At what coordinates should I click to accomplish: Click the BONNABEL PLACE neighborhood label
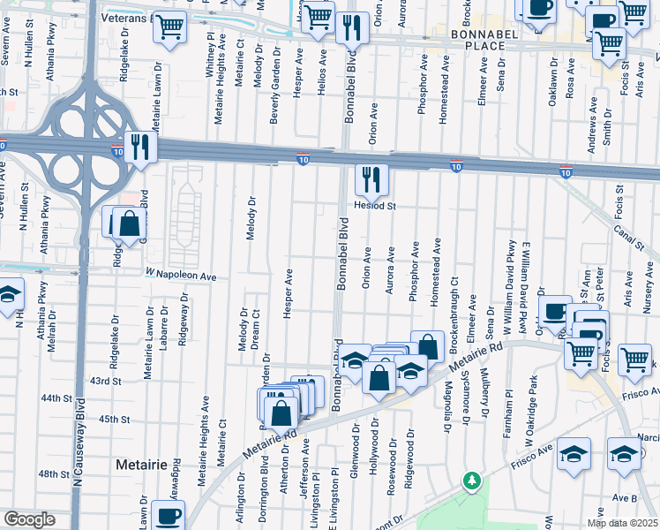pyautogui.click(x=476, y=39)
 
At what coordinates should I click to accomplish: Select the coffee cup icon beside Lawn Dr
pyautogui.click(x=168, y=515)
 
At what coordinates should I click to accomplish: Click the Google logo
pyautogui.click(x=29, y=519)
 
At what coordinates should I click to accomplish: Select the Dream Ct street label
pyautogui.click(x=256, y=328)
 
